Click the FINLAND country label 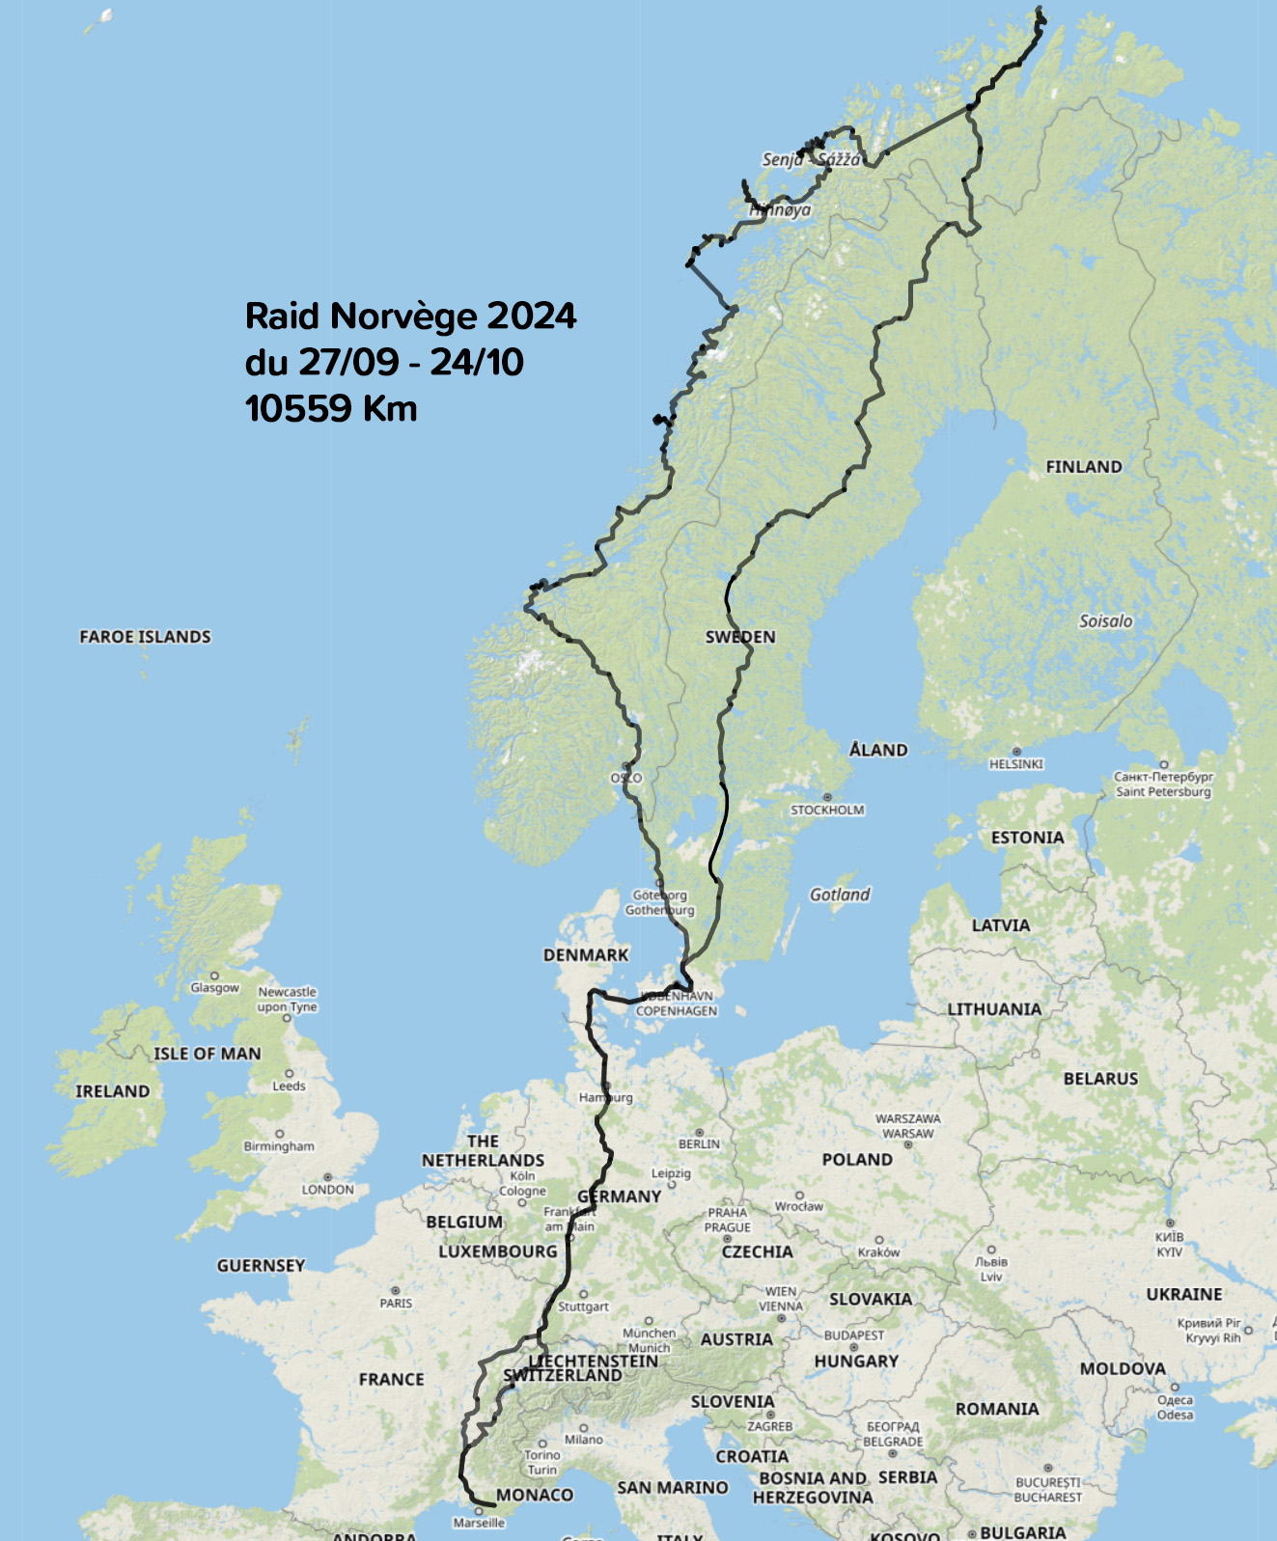point(1083,467)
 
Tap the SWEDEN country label point(739,637)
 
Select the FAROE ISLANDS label point(145,637)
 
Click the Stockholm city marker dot point(826,795)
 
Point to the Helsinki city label point(1015,764)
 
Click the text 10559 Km point(331,408)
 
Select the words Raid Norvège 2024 point(410,316)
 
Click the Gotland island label point(839,894)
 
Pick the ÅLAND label point(877,750)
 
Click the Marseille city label point(479,1523)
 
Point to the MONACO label point(534,1495)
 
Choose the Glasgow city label point(214,987)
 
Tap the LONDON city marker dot point(327,1177)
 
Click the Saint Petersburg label point(1162,792)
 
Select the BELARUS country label point(1100,1079)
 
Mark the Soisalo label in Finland point(1105,621)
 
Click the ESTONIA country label point(1027,838)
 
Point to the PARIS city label point(396,1303)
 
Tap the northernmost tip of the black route point(1040,9)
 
